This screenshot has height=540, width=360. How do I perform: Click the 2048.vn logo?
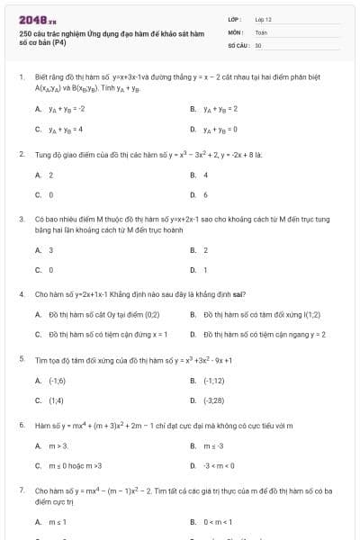37,19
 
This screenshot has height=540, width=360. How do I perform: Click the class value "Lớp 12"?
264,19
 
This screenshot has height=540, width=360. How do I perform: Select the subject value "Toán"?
261,31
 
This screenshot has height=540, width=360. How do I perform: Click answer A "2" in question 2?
50,175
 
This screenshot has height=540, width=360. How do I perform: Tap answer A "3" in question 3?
50,250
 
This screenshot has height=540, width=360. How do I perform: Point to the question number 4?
21,294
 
